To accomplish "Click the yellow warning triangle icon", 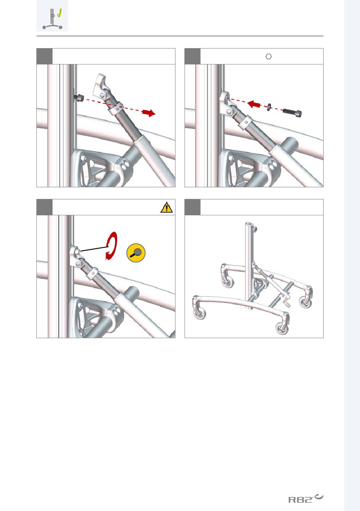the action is [x=166, y=207].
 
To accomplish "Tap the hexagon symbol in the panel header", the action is [x=269, y=56].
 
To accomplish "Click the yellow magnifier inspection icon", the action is [x=136, y=253].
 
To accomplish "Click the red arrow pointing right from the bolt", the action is [x=149, y=113].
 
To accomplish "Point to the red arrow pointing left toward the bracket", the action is [x=254, y=104].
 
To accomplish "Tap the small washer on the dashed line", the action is [x=269, y=107].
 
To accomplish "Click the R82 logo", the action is [x=306, y=496].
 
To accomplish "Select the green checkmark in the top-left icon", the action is [x=59, y=13].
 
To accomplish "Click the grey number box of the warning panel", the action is [x=44, y=207].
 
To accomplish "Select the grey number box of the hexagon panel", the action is [x=193, y=56].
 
